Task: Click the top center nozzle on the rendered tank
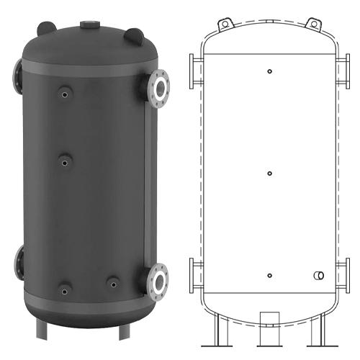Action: coord(91,24)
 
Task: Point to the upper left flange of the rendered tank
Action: coord(17,72)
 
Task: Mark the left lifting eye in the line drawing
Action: coord(225,24)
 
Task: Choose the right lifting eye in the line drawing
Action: coord(314,24)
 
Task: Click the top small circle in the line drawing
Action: coord(269,71)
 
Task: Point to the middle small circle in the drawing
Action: coord(269,173)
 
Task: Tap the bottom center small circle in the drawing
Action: coord(269,276)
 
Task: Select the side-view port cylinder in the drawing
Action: coord(318,276)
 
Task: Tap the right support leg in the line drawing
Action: coord(316,331)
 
